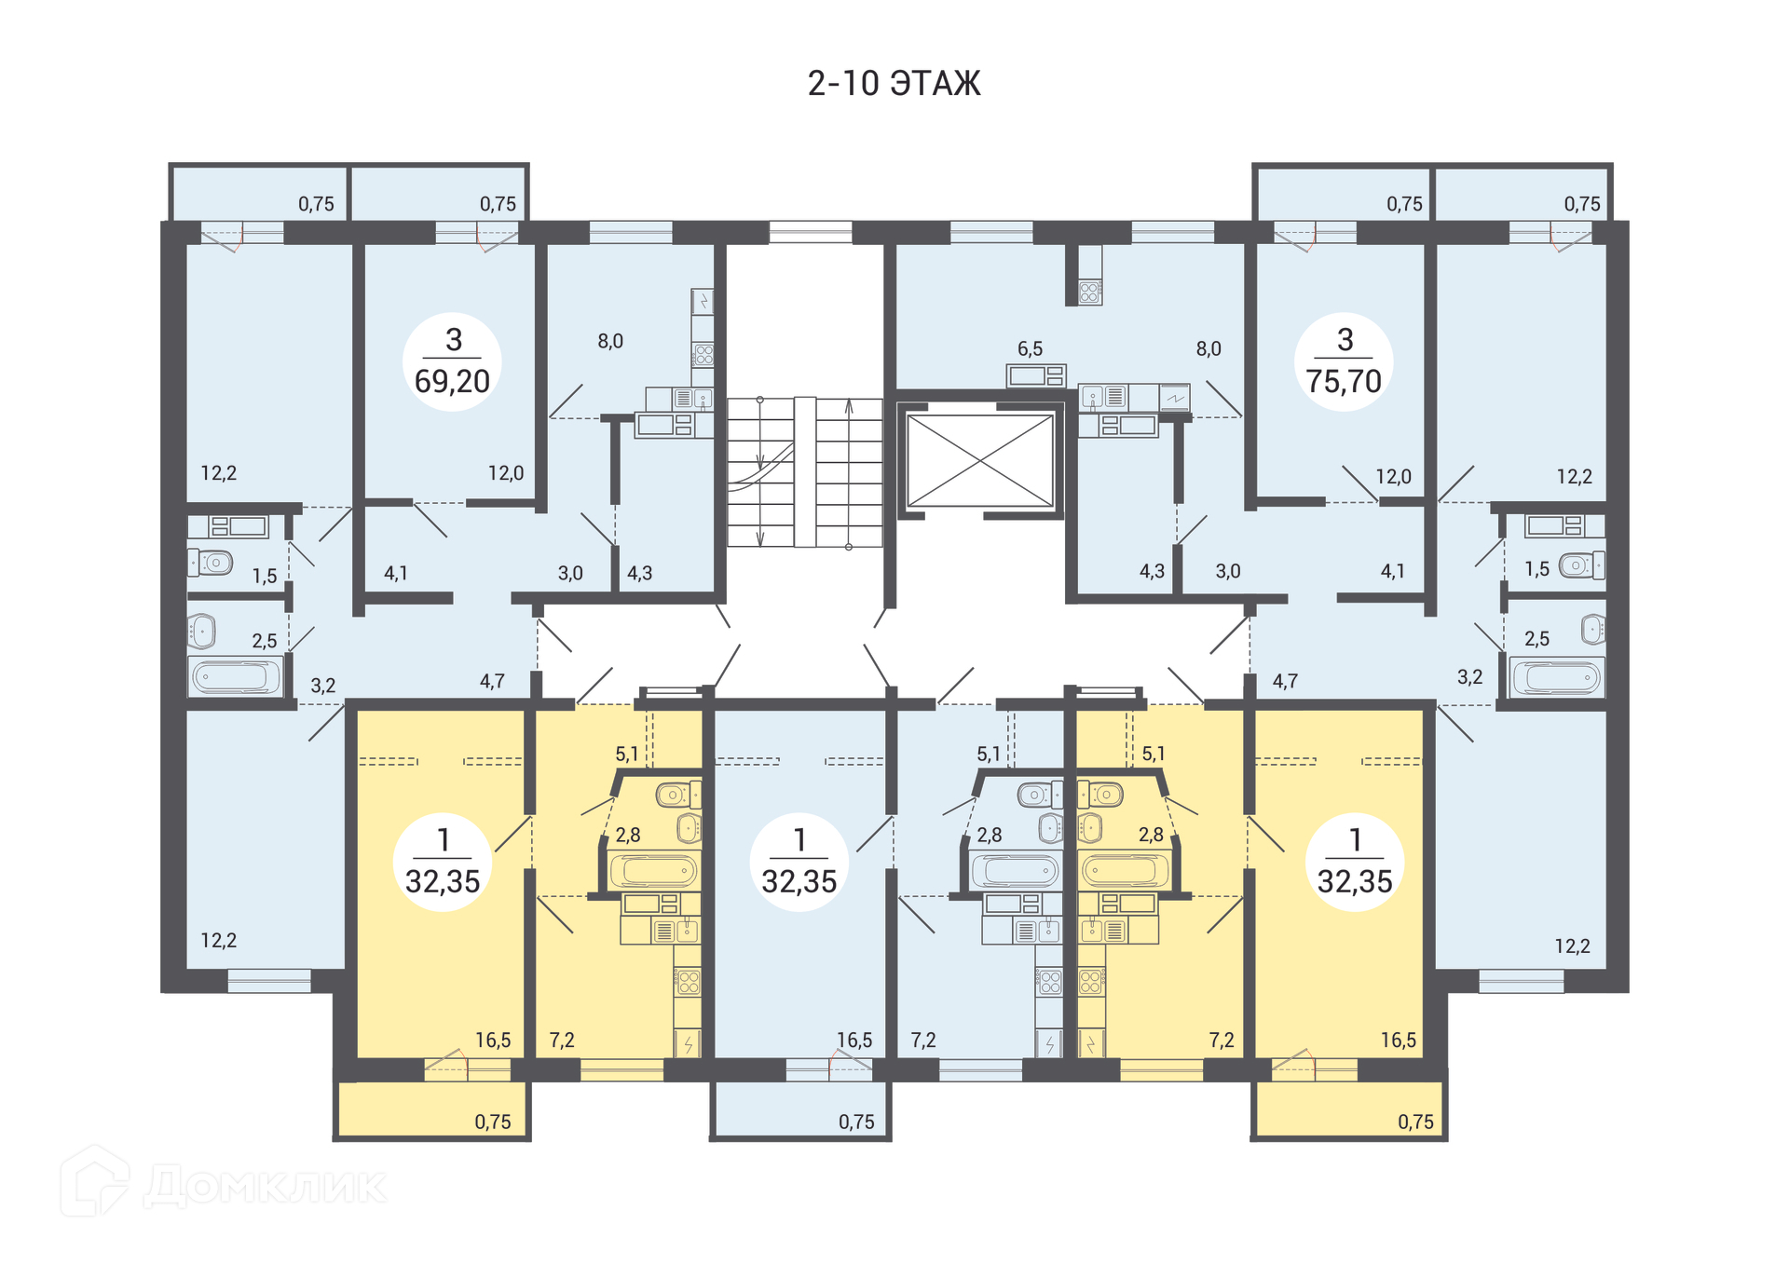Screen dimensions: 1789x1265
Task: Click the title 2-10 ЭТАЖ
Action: click(894, 84)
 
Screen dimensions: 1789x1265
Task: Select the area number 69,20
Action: click(452, 381)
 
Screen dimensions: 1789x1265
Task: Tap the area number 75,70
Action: click(1344, 381)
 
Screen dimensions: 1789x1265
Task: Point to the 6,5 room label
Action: click(1030, 348)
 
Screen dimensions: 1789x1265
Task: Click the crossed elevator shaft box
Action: click(979, 460)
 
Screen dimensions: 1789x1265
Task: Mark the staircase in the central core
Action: click(804, 471)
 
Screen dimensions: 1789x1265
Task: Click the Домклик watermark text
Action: click(265, 1186)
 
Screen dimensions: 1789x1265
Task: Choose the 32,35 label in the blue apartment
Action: click(799, 881)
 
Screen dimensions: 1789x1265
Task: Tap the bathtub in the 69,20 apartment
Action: click(236, 676)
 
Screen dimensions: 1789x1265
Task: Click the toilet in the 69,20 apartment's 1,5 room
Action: click(212, 563)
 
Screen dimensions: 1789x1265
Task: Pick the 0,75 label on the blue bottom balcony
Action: click(856, 1122)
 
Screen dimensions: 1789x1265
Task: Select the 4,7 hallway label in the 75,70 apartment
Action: click(1285, 681)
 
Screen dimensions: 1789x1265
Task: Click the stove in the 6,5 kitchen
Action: click(1089, 292)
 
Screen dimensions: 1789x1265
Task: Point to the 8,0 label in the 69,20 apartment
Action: click(610, 341)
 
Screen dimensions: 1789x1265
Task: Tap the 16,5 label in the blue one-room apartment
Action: click(854, 1040)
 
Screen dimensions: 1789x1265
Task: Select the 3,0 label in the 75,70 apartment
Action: click(1228, 571)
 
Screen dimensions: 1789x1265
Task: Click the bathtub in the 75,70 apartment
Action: click(1557, 677)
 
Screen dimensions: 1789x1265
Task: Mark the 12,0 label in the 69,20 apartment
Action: click(506, 472)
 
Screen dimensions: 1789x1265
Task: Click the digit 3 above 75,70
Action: click(1345, 340)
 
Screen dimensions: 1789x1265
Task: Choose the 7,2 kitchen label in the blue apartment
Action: click(923, 1040)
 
